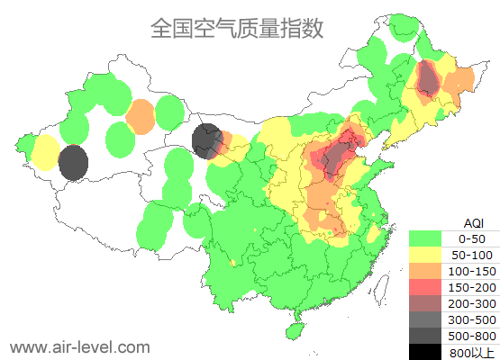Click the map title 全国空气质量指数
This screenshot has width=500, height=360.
[x=237, y=28]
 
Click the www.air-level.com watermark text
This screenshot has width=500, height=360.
[x=79, y=346]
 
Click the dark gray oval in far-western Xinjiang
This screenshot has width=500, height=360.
[x=73, y=164]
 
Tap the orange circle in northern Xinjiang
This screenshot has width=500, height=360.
[x=141, y=117]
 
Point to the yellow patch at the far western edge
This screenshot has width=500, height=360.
[x=44, y=153]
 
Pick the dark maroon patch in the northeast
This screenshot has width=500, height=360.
[x=428, y=81]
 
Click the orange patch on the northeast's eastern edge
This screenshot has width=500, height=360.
[x=460, y=83]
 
